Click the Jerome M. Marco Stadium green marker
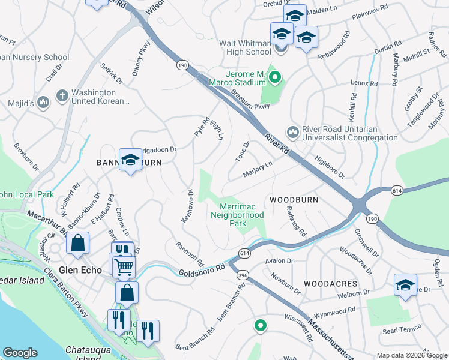coord(275,77)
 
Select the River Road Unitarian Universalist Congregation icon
coord(293,131)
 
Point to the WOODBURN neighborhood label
coord(293,199)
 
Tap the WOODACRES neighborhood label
coord(330,283)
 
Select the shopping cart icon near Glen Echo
coord(124,266)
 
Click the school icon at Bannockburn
coord(130,160)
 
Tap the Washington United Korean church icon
coord(62,95)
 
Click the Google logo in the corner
coord(20,353)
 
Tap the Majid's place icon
coord(43,103)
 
